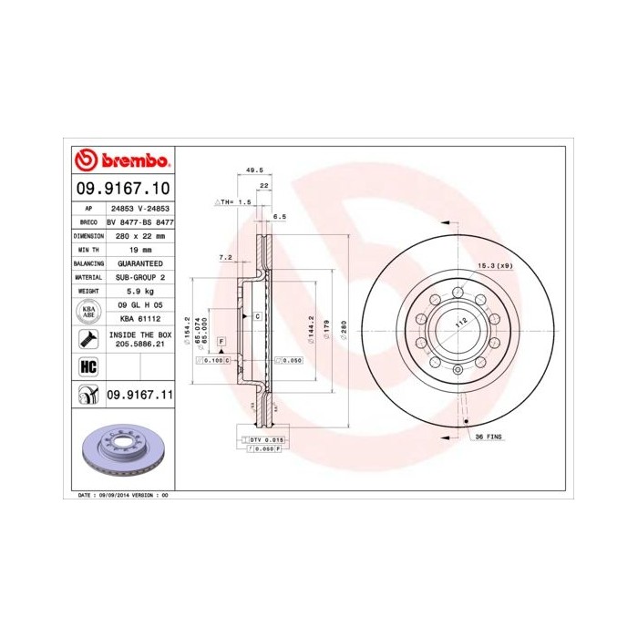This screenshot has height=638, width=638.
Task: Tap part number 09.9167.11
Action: click(x=139, y=394)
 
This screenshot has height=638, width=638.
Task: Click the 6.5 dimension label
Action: click(x=280, y=217)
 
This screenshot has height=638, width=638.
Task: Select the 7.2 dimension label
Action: click(x=225, y=258)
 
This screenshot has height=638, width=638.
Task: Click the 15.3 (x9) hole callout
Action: click(x=495, y=266)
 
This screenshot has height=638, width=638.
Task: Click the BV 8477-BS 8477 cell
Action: click(x=139, y=221)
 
